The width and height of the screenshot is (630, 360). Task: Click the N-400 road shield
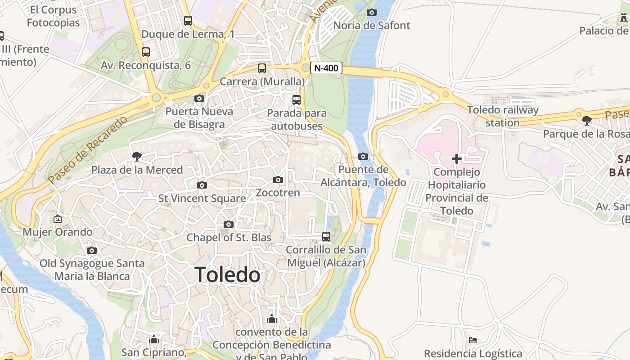(326, 68)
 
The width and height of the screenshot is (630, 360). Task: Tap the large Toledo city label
(228, 274)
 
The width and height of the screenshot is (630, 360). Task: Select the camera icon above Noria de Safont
(371, 13)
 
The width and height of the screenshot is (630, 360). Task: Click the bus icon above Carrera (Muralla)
(262, 68)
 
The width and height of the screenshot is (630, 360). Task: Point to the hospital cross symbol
(457, 158)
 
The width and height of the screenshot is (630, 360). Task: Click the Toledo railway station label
(502, 116)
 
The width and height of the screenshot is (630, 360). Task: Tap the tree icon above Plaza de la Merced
(136, 157)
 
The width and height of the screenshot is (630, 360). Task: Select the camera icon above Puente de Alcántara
(363, 157)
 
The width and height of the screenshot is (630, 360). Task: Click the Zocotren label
(278, 193)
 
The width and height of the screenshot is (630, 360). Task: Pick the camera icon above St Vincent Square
(202, 185)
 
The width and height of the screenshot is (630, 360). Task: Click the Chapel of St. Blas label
(229, 237)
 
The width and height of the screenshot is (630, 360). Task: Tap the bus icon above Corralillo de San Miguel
(326, 236)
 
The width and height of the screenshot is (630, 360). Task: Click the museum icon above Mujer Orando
(58, 219)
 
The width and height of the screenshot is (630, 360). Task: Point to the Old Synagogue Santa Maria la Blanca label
(92, 270)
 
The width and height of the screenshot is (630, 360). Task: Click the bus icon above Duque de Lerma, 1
(188, 21)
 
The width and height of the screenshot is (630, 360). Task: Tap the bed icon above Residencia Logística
(473, 340)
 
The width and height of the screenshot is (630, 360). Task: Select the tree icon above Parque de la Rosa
(586, 121)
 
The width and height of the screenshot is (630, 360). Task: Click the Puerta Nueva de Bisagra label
(199, 118)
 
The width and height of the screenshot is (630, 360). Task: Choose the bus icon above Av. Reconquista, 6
(146, 52)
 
